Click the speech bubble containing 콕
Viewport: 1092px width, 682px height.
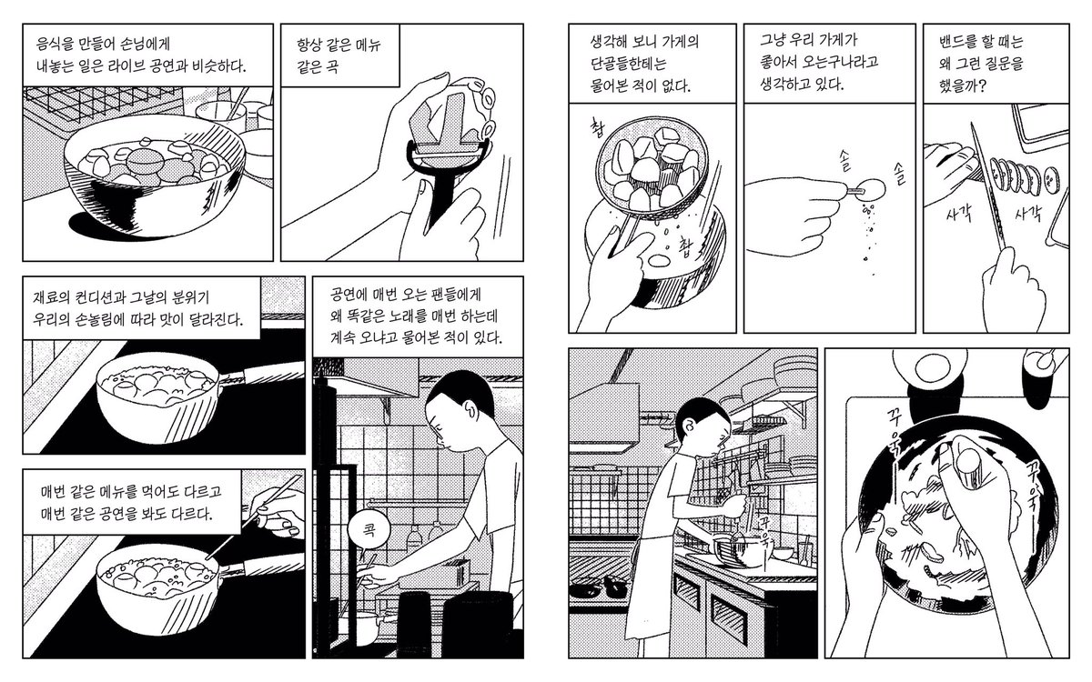[x=369, y=530]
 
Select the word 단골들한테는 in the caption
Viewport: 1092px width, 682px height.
[x=629, y=64]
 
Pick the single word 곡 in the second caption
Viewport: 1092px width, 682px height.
[x=331, y=66]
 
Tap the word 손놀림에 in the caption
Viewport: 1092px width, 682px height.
[x=101, y=319]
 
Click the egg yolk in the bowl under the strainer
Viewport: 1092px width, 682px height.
[x=659, y=261]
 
